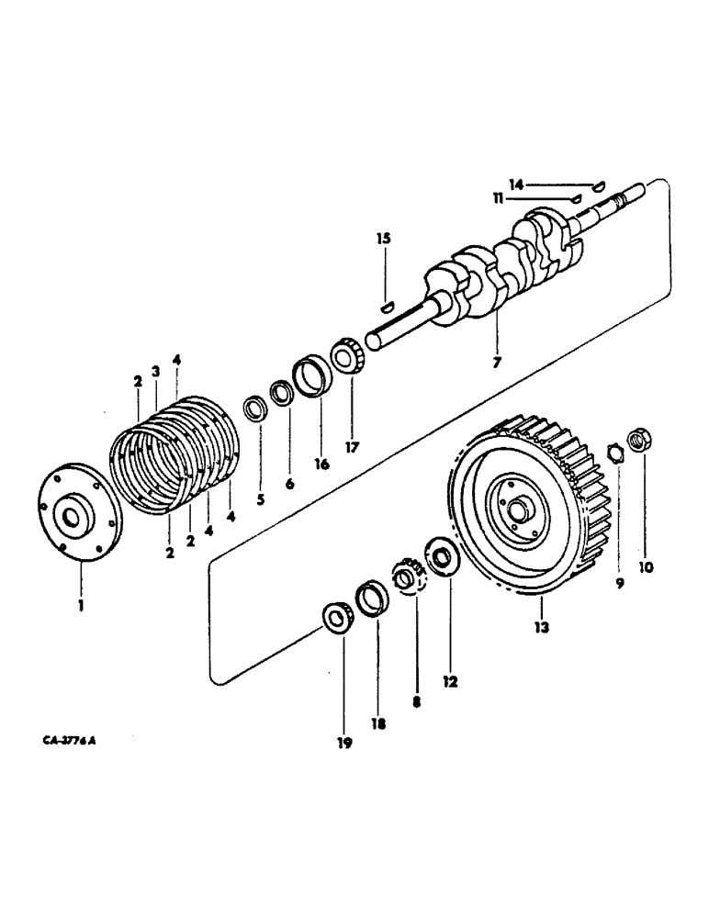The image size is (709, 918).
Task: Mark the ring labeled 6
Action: pos(283,395)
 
